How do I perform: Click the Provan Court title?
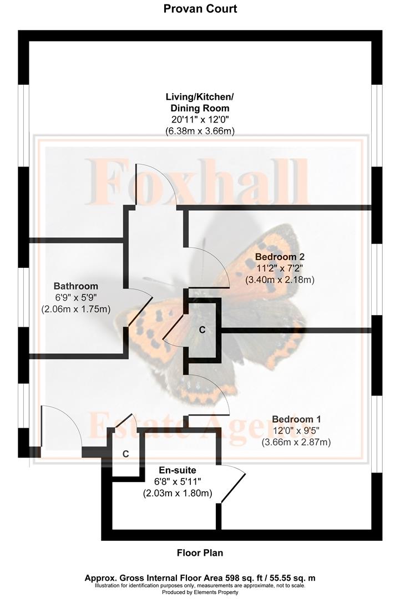click(x=200, y=8)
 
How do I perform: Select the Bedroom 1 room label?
click(x=296, y=419)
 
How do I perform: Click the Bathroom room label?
click(x=75, y=286)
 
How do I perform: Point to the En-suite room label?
click(x=178, y=470)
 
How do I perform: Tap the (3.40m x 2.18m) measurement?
click(x=280, y=280)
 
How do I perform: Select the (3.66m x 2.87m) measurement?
click(x=296, y=443)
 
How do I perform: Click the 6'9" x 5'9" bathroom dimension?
click(x=75, y=297)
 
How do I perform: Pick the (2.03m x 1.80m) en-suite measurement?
click(x=178, y=493)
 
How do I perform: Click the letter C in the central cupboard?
click(x=202, y=329)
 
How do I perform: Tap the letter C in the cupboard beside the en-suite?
click(x=125, y=454)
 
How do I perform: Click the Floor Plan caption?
click(x=200, y=553)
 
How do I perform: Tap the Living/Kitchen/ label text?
click(x=200, y=97)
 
